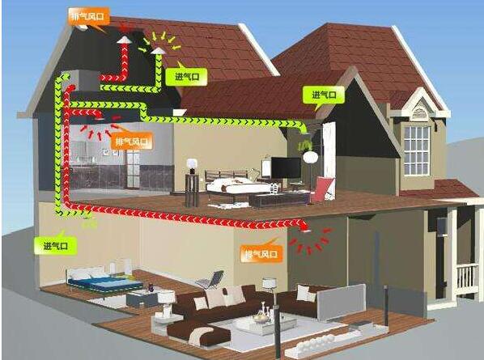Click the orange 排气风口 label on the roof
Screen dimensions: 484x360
[x=89, y=16]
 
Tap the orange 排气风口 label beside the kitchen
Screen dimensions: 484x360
[x=132, y=142]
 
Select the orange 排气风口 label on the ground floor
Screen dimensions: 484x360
[x=261, y=254]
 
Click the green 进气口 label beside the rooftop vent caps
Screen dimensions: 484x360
[x=186, y=76]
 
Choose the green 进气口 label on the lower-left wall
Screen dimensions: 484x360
[x=56, y=246]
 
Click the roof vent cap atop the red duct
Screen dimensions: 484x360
[x=124, y=40]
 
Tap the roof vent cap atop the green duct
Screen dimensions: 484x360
[x=158, y=50]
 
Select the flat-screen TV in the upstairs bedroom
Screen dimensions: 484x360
[x=286, y=167]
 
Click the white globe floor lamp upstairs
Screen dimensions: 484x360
[x=310, y=157]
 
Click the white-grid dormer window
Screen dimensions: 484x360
[x=417, y=150]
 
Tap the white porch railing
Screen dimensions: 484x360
[x=467, y=279]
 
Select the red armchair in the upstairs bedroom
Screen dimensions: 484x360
[x=323, y=189]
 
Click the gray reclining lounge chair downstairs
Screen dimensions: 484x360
[x=210, y=279]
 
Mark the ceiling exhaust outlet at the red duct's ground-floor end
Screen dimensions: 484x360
[x=305, y=230]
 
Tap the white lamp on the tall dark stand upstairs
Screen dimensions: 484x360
[x=192, y=163]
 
